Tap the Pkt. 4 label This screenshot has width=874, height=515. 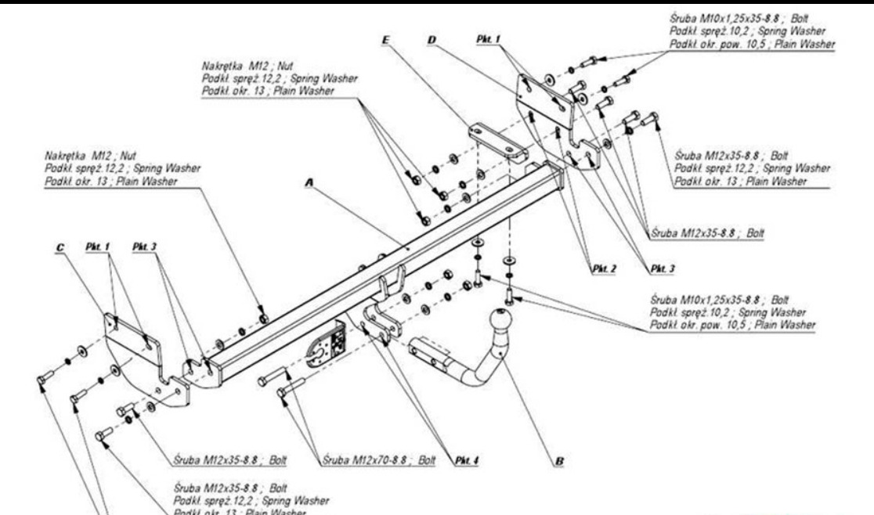point(467,461)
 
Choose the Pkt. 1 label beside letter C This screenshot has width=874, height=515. point(98,248)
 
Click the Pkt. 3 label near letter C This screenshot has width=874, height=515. point(146,247)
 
